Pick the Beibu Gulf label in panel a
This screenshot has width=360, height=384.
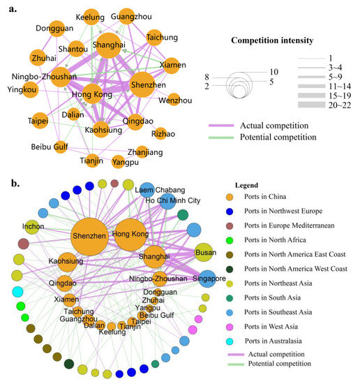click(50, 147)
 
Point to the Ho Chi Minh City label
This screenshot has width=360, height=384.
click(172, 201)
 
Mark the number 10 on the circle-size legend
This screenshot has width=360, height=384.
click(273, 71)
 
